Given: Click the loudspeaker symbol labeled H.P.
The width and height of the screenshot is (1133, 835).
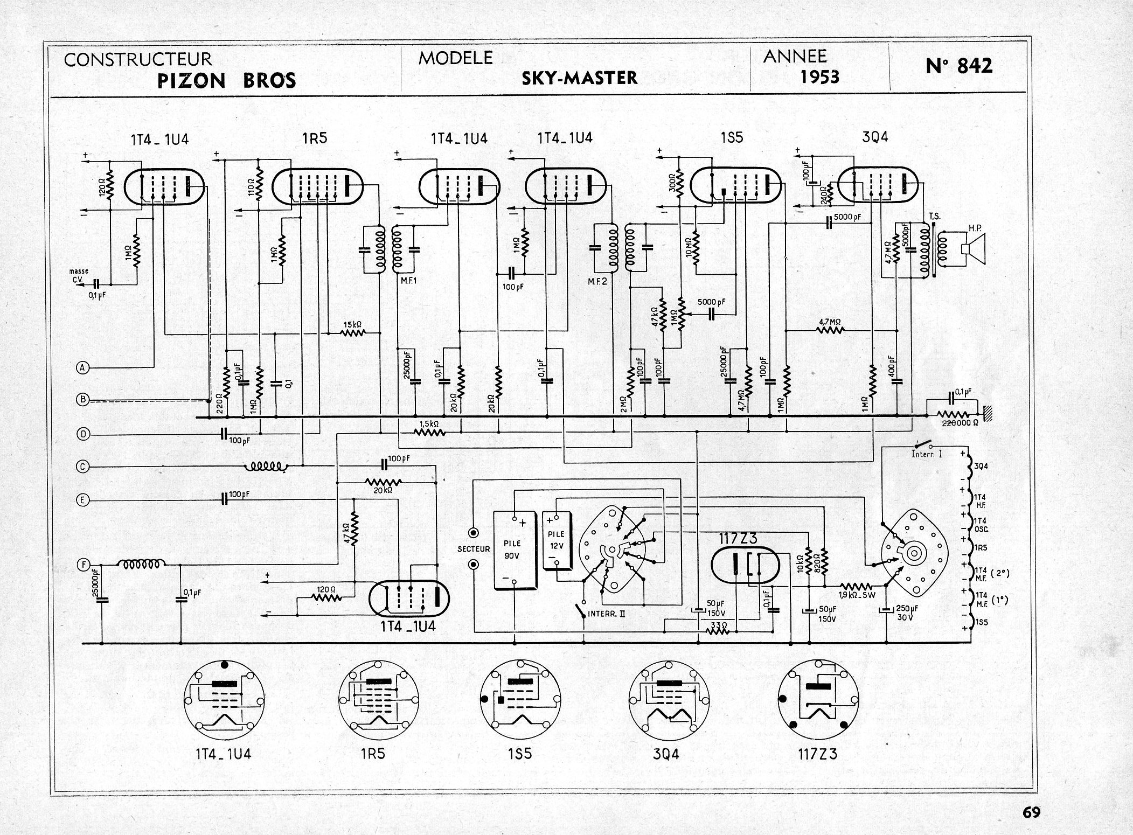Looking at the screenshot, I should [x=972, y=249].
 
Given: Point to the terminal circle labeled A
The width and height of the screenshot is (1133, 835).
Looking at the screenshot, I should [x=82, y=368].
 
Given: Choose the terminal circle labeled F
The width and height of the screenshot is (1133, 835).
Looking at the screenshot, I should [x=82, y=565].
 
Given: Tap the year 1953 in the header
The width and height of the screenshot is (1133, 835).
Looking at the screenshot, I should [x=819, y=78].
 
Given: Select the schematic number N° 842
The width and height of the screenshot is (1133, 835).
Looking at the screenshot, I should [x=960, y=66].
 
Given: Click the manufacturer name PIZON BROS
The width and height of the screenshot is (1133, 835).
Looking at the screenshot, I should [x=226, y=81].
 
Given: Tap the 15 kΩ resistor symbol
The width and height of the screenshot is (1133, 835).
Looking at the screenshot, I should [x=353, y=333].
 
